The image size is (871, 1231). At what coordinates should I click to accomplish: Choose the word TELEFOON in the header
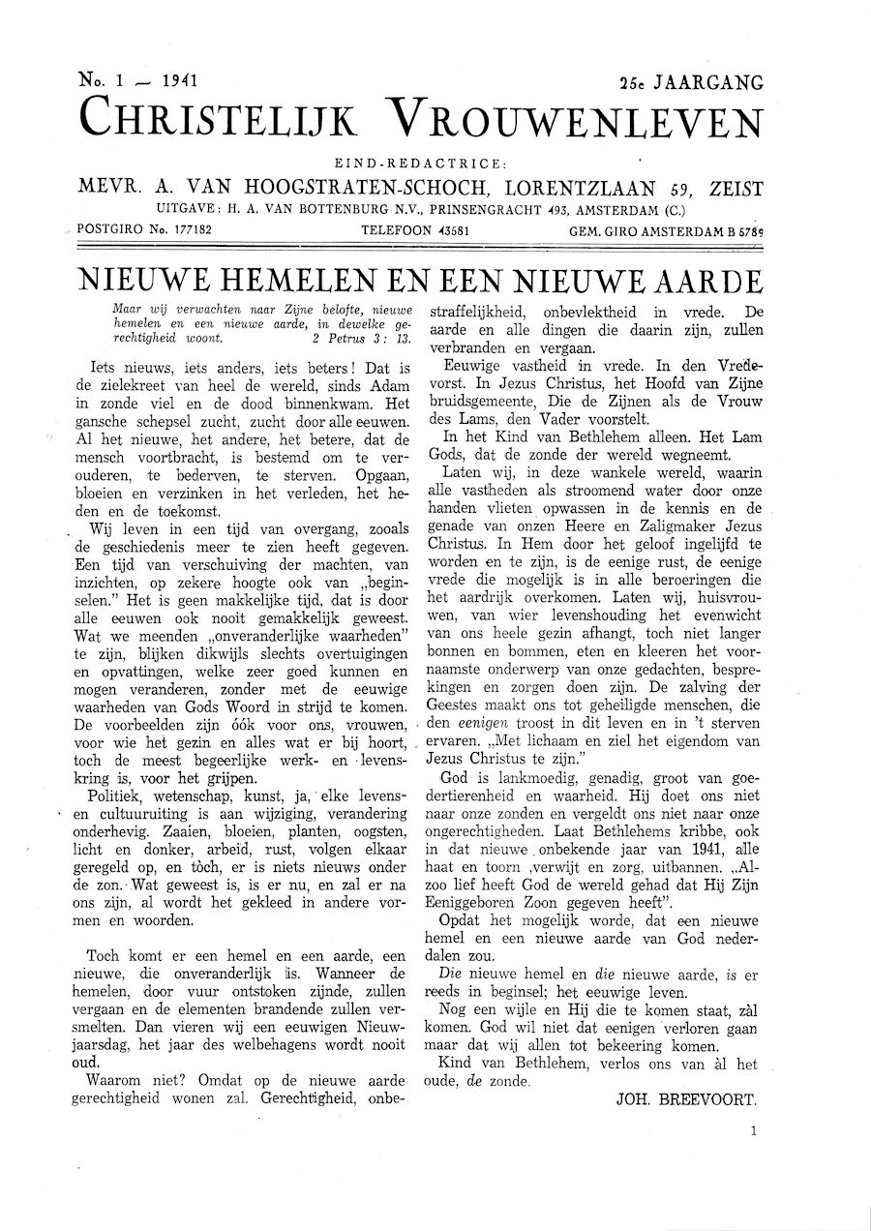[394, 230]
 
